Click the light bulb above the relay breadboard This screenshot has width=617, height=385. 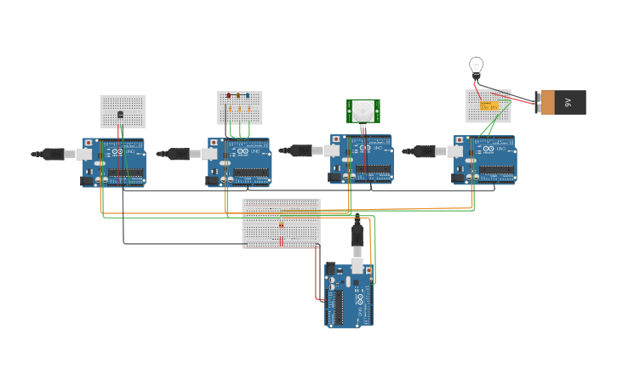[x=476, y=65]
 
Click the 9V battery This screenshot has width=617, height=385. [x=561, y=102]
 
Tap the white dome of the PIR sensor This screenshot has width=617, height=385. [x=363, y=110]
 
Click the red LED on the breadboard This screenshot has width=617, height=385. [x=229, y=96]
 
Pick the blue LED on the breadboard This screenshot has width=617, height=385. [x=248, y=96]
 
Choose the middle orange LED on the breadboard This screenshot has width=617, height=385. [x=238, y=109]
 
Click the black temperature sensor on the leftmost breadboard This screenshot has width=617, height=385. [x=120, y=114]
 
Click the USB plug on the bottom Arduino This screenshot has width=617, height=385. [x=358, y=235]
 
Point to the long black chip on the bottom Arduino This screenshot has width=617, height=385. [x=340, y=307]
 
